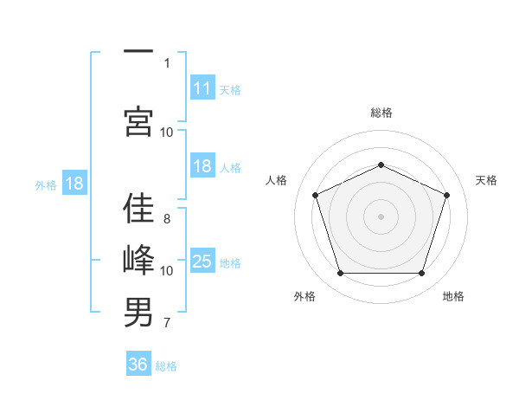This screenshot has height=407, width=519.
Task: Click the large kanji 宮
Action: pos(138,121)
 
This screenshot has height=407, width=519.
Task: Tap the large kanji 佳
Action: pos(138,208)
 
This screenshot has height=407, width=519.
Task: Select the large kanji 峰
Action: pos(138,260)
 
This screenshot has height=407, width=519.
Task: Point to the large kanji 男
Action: pos(138,313)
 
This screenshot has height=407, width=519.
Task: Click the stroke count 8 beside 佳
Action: pos(167,219)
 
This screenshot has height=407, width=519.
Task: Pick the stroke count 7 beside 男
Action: pos(167,322)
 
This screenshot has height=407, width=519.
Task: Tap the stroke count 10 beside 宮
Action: pos(166,132)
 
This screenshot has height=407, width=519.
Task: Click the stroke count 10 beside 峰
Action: pos(166,271)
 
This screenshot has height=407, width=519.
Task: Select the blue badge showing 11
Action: pos(202,87)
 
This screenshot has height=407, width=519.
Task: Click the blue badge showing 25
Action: pos(202,260)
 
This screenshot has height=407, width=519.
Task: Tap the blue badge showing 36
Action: pos(138,363)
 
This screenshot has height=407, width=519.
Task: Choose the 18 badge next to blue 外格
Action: pos(74,183)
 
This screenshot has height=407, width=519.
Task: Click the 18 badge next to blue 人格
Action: pos(202,165)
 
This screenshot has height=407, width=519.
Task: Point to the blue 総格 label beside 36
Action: pos(166,366)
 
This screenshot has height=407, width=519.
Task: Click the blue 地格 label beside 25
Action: pos(230,263)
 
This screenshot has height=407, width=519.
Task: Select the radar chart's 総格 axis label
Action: pos(381,113)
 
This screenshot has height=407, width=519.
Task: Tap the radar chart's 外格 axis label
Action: pos(304,296)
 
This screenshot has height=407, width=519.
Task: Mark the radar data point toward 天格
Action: pos(446,195)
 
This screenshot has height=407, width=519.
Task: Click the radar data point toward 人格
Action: pos(316,195)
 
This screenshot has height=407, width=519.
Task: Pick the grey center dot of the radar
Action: pos(381,216)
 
